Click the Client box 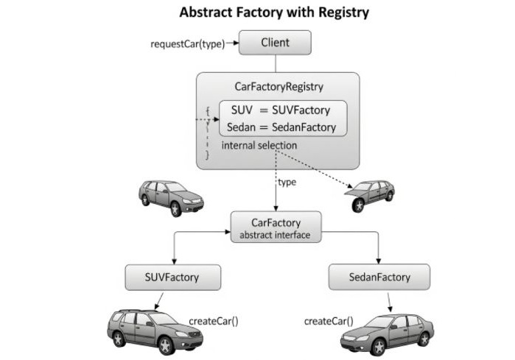(x=275, y=43)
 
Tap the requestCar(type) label (x=187, y=43)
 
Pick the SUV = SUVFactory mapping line (x=279, y=110)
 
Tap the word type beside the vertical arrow (x=287, y=182)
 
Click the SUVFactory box (x=172, y=278)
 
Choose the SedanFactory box (x=379, y=278)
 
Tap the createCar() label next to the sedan (x=328, y=321)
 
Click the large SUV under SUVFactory (x=155, y=328)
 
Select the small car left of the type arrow (x=170, y=197)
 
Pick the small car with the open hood (x=372, y=195)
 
